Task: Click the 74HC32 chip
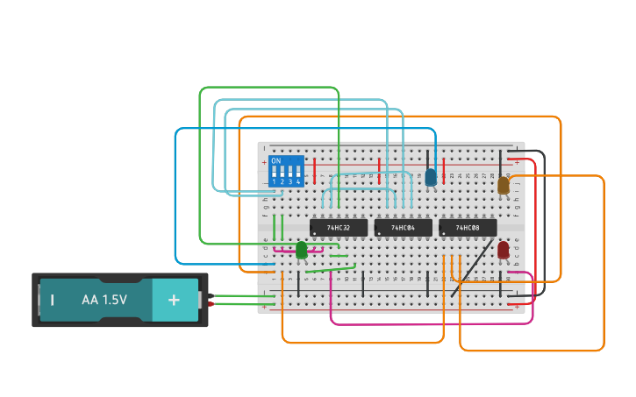pyautogui.click(x=339, y=228)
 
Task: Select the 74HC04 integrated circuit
pyautogui.click(x=403, y=228)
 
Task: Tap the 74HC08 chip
pyautogui.click(x=468, y=228)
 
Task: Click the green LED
pyautogui.click(x=302, y=250)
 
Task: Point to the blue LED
pyautogui.click(x=431, y=177)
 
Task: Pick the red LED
pyautogui.click(x=504, y=250)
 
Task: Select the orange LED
pyautogui.click(x=504, y=185)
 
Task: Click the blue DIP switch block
pyautogui.click(x=286, y=171)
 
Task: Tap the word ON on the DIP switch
pyautogui.click(x=276, y=161)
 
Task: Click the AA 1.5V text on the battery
pyautogui.click(x=104, y=300)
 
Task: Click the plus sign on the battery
pyautogui.click(x=174, y=300)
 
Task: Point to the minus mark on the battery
pyautogui.click(x=53, y=300)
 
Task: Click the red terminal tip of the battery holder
pyautogui.click(x=211, y=304)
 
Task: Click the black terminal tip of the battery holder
pyautogui.click(x=211, y=295)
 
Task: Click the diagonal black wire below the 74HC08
pyautogui.click(x=472, y=264)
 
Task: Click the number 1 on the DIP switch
pyautogui.click(x=274, y=181)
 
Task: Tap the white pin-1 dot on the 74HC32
pyautogui.click(x=315, y=233)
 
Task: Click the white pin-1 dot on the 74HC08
pyautogui.click(x=444, y=233)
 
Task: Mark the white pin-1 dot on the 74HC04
pyautogui.click(x=379, y=233)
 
